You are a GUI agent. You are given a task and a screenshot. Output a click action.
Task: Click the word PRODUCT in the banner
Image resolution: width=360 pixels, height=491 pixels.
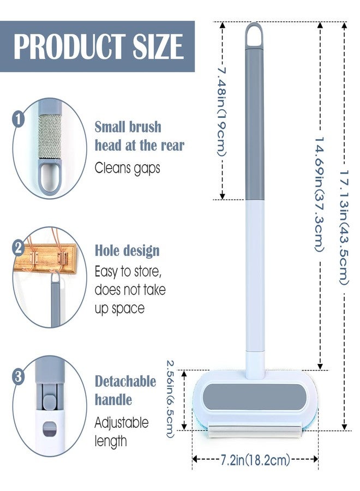click(69, 47)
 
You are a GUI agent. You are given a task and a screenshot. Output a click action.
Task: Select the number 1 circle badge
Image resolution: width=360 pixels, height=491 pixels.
click(19, 119)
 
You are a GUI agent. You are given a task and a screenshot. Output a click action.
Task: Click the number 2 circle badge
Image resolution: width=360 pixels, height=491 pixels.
click(18, 248)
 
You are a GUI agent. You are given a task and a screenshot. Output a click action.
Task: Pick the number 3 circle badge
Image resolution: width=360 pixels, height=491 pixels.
click(19, 376)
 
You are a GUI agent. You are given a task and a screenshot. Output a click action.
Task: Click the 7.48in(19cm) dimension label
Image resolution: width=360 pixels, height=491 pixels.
click(222, 112)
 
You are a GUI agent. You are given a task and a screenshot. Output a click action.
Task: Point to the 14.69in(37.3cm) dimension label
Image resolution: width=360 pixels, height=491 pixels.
click(320, 194)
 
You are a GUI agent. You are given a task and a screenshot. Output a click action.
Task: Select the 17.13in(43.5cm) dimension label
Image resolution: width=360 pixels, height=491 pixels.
click(344, 227)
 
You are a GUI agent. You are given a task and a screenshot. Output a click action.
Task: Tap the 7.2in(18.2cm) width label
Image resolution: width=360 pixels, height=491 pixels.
click(255, 460)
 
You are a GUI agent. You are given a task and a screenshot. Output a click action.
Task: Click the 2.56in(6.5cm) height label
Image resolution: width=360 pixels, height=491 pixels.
click(170, 399)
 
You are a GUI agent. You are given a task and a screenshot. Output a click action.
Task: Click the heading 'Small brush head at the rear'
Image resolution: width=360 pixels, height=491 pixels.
click(139, 136)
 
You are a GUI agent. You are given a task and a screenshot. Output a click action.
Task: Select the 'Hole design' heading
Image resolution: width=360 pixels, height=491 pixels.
click(127, 251)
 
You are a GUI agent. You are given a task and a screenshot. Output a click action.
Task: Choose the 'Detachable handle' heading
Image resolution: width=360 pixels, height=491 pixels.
click(125, 391)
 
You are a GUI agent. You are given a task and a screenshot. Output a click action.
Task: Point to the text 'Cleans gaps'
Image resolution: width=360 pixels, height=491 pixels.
click(128, 168)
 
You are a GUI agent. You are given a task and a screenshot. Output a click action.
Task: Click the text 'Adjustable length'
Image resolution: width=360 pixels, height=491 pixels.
click(122, 432)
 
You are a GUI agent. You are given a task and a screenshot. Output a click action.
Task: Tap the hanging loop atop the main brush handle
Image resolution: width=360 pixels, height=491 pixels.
click(254, 35)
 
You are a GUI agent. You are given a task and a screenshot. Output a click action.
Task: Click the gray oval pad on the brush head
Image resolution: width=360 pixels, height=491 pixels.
click(254, 397)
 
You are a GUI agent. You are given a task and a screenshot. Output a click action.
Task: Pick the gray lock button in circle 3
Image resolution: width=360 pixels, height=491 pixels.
click(50, 403)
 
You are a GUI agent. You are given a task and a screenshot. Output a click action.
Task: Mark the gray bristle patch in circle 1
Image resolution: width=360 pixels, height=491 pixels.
click(50, 136)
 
